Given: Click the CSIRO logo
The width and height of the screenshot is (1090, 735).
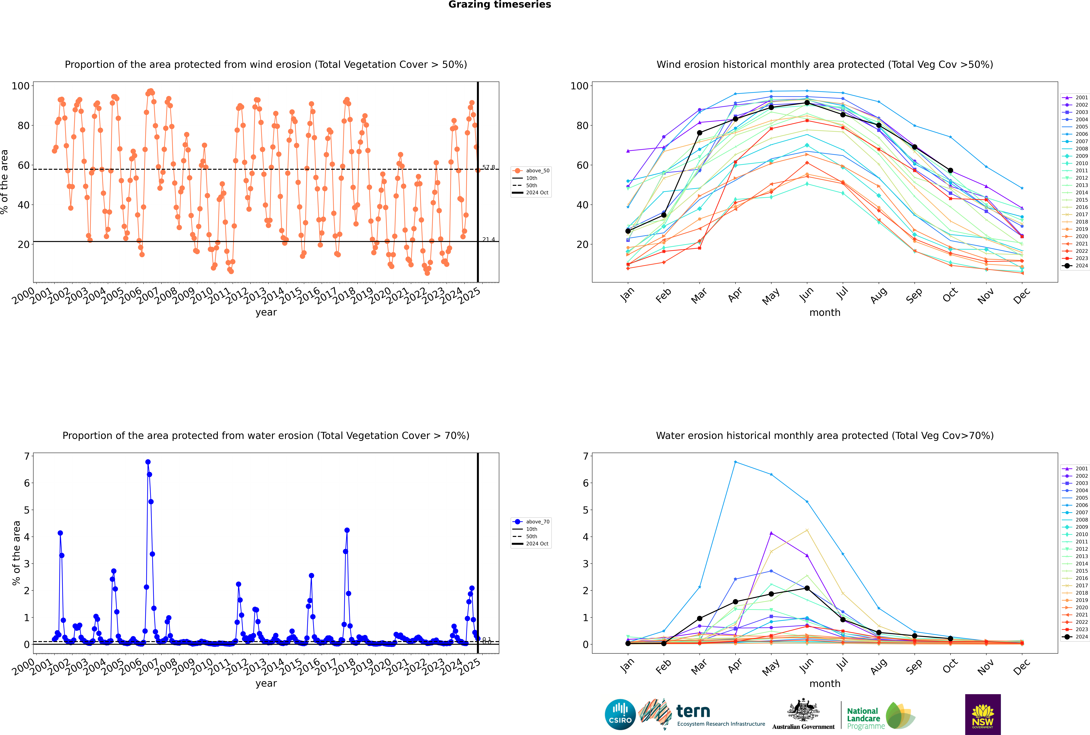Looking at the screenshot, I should [x=620, y=714].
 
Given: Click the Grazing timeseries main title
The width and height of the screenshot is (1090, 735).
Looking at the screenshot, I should [x=500, y=5].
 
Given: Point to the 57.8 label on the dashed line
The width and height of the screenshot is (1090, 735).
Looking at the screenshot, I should [x=488, y=167].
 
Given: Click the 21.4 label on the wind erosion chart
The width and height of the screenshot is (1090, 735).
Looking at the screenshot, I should [x=488, y=240].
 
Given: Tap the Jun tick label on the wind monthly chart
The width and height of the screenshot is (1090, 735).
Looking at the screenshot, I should [x=806, y=294].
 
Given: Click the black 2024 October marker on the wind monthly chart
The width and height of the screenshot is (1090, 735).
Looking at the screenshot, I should [x=950, y=171].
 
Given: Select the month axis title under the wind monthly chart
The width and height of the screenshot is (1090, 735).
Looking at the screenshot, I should [x=825, y=313].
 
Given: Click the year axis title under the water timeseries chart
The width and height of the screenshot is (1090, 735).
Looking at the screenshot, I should [x=266, y=683].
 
